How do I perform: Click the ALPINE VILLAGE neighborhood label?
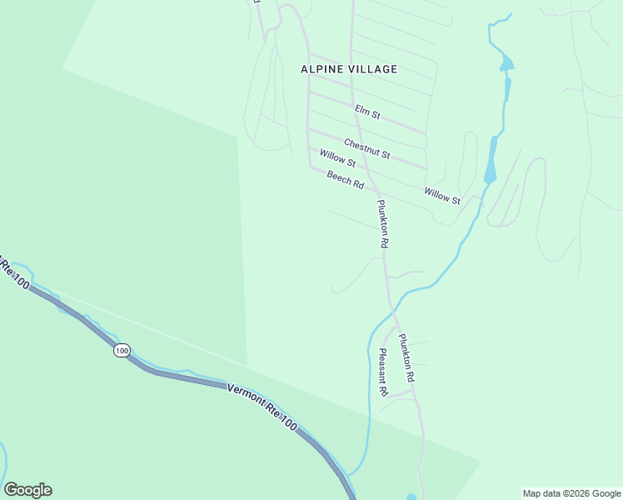pyautogui.click(x=349, y=69)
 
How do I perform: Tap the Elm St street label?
pyautogui.click(x=367, y=111)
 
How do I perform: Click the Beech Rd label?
pyautogui.click(x=346, y=179)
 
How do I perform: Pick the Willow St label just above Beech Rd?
pyautogui.click(x=337, y=157)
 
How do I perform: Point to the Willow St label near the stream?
pyautogui.click(x=441, y=196)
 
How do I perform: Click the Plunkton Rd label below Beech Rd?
pyautogui.click(x=383, y=224)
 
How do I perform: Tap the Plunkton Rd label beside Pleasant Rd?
pyautogui.click(x=406, y=358)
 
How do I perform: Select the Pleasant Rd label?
pyautogui.click(x=383, y=372)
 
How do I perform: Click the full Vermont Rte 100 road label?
pyautogui.click(x=262, y=407)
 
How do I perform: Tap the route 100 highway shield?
pyautogui.click(x=122, y=351)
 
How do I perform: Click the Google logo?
pyautogui.click(x=27, y=490)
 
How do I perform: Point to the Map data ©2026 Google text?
pyautogui.click(x=571, y=493)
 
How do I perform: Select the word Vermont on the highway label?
pyautogui.click(x=247, y=397)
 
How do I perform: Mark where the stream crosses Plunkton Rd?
pyautogui.click(x=393, y=310)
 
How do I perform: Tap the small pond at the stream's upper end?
pyautogui.click(x=506, y=63)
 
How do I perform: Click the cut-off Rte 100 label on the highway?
pyautogui.click(x=15, y=274)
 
